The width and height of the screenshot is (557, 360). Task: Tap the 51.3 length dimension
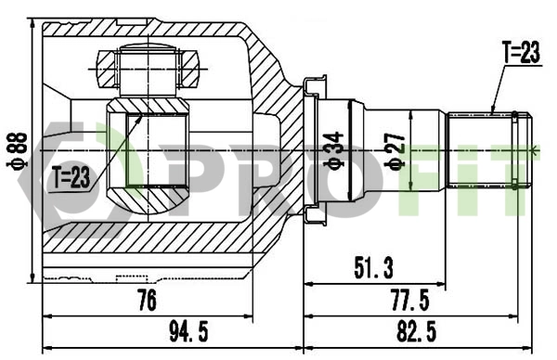tap(374, 270)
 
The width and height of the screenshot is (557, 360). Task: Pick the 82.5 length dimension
tap(418, 329)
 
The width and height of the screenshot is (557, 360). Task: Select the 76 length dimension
tap(146, 300)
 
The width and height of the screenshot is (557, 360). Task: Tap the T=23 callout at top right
tap(520, 54)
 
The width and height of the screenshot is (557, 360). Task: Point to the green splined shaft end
tap(488, 149)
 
